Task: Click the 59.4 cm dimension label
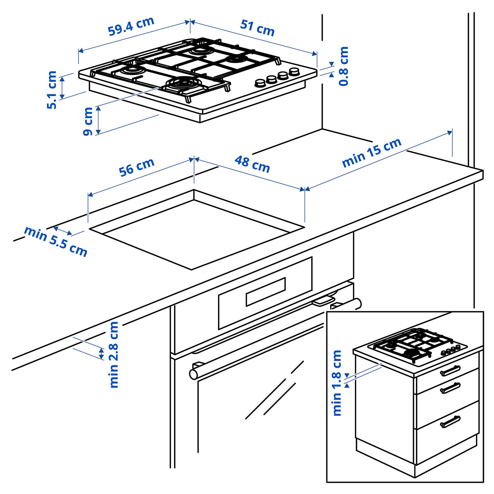point(131,26)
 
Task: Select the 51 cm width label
point(257,28)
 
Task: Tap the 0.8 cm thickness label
point(343,66)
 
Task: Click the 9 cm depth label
point(88,121)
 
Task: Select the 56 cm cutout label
point(136,167)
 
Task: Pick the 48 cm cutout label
point(252,164)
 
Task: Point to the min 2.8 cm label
point(114,354)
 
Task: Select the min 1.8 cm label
point(337,383)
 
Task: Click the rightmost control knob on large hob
point(294,72)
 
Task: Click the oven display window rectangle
point(266,292)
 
